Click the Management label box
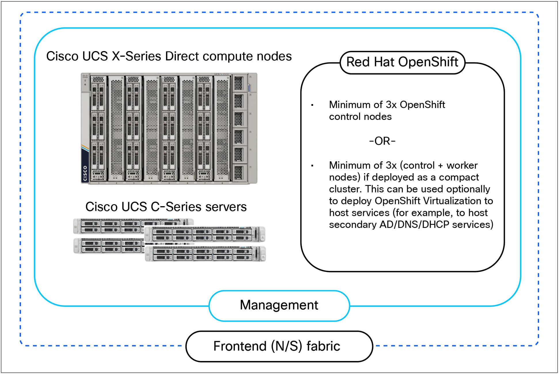point(279,305)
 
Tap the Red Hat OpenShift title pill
point(402,62)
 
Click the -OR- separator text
point(382,141)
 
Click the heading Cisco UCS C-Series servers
point(166,207)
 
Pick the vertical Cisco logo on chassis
point(85,173)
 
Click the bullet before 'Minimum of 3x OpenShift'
point(312,105)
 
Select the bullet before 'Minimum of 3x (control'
point(312,166)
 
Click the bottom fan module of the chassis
point(239,172)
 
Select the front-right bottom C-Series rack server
point(205,254)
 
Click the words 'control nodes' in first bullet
point(360,117)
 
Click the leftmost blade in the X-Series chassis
point(98,128)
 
